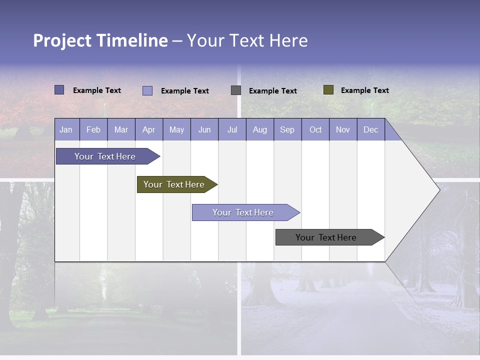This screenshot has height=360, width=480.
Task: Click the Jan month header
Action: (x=66, y=130)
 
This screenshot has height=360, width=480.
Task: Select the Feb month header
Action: (x=93, y=130)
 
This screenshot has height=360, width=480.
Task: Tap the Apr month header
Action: (x=149, y=130)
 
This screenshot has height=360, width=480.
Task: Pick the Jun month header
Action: (x=204, y=130)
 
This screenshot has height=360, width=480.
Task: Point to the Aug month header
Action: (x=260, y=130)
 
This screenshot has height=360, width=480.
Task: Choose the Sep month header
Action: (x=287, y=130)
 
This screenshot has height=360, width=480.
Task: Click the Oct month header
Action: (x=315, y=130)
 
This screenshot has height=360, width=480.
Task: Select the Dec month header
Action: (x=371, y=130)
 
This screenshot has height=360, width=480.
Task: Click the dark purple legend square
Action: (x=59, y=90)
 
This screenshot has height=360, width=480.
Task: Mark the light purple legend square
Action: (x=147, y=90)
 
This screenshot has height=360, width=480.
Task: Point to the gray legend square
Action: (x=236, y=90)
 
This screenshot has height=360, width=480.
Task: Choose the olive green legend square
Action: (x=328, y=90)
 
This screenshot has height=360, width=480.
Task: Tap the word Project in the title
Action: (x=62, y=40)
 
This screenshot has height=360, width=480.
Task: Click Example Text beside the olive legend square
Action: (x=364, y=90)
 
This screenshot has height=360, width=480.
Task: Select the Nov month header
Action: (x=343, y=130)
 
